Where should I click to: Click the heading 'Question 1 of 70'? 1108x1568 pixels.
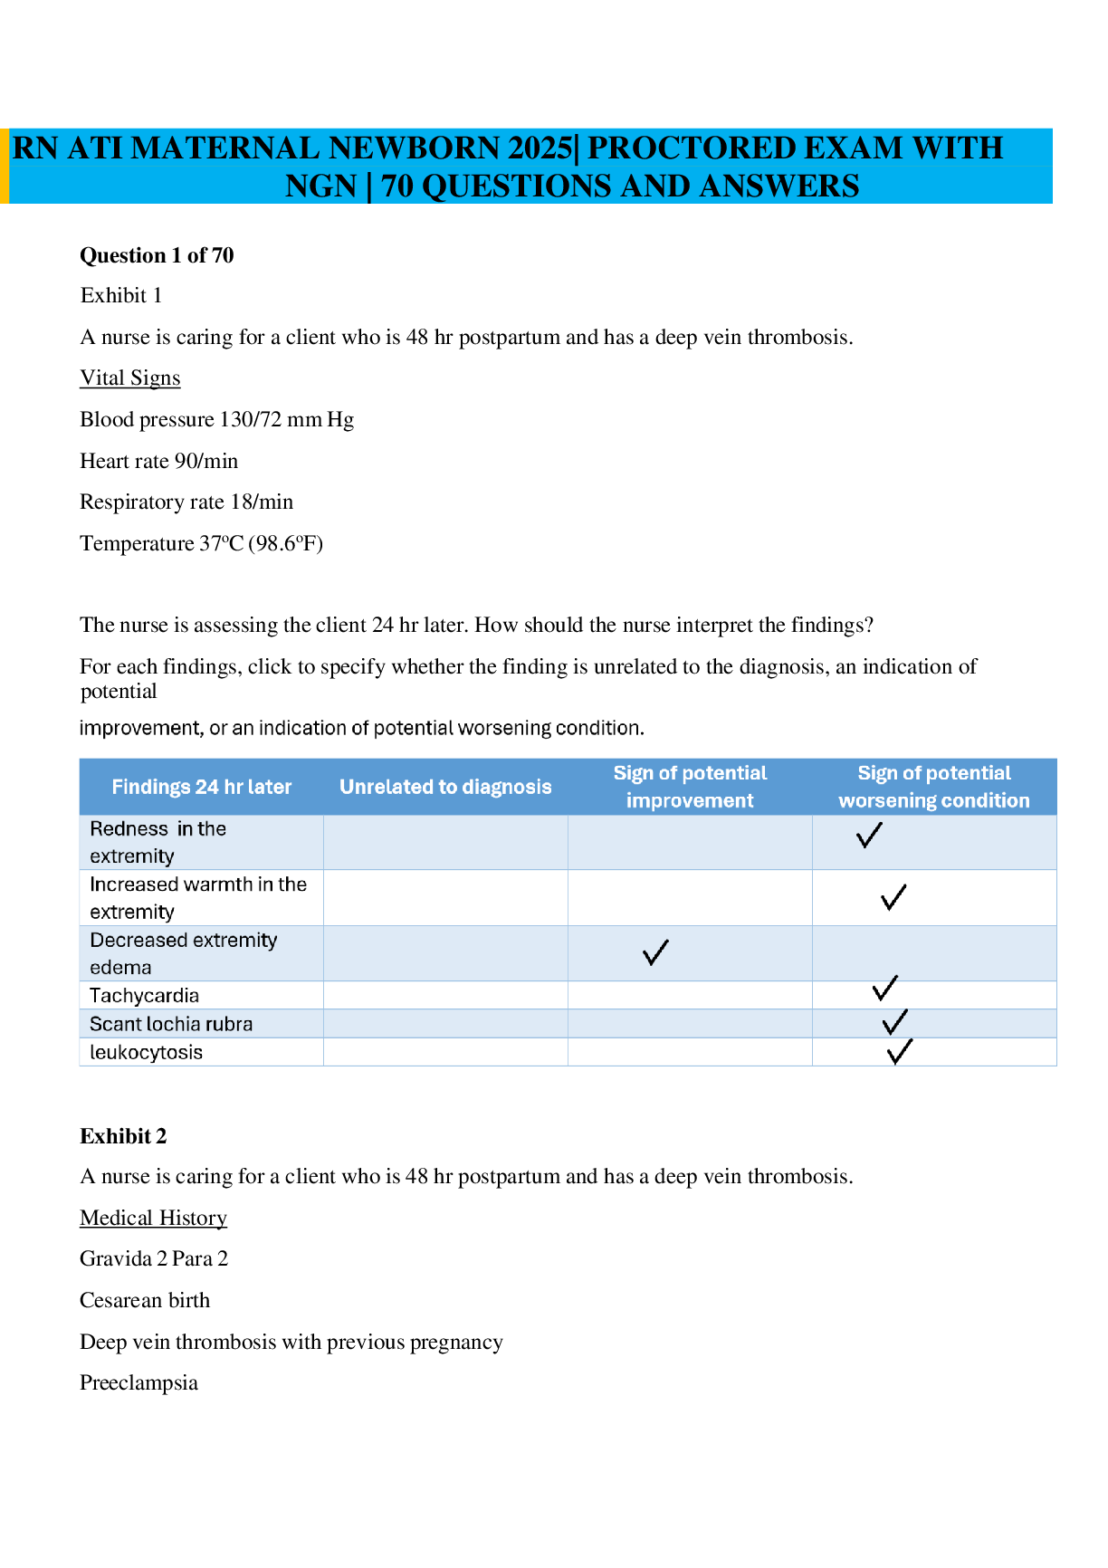tap(157, 255)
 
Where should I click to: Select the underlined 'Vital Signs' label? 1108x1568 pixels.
tap(130, 378)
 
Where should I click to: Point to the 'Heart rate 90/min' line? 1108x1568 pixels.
tap(158, 461)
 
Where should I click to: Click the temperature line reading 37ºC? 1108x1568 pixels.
tap(201, 543)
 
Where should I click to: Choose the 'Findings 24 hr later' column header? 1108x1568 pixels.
tap(201, 787)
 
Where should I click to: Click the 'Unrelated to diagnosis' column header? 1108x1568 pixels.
tap(445, 787)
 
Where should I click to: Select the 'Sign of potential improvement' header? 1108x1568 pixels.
tap(690, 787)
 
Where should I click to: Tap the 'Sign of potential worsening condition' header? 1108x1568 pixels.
tap(934, 787)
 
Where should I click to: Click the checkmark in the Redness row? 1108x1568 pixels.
tap(869, 835)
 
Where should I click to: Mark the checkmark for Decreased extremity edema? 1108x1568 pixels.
tap(655, 952)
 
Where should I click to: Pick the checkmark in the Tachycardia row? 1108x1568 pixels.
tap(885, 988)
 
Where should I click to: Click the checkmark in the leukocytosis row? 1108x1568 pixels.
tap(900, 1052)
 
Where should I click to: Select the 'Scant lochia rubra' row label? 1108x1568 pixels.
tap(171, 1024)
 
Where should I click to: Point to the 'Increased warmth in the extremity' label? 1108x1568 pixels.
tap(198, 897)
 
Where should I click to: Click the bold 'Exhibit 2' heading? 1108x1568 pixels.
tap(123, 1136)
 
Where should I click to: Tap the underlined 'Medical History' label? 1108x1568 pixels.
tap(153, 1218)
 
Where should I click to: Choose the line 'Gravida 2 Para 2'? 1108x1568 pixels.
tap(154, 1258)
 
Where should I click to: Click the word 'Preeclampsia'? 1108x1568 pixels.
tap(138, 1382)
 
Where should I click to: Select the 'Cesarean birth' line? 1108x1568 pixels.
tap(145, 1300)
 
